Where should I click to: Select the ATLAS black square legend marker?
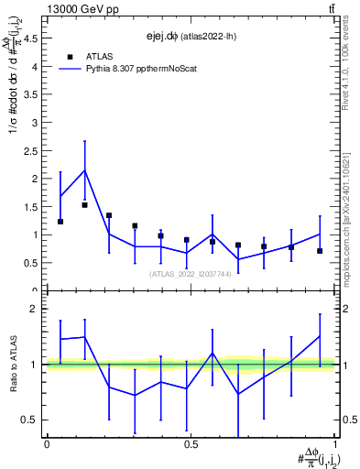pyautogui.click(x=71, y=56)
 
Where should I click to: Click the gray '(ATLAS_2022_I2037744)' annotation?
pyautogui.click(x=191, y=273)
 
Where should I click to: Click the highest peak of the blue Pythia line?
pyautogui.click(x=85, y=170)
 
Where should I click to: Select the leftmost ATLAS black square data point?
pyautogui.click(x=60, y=222)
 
